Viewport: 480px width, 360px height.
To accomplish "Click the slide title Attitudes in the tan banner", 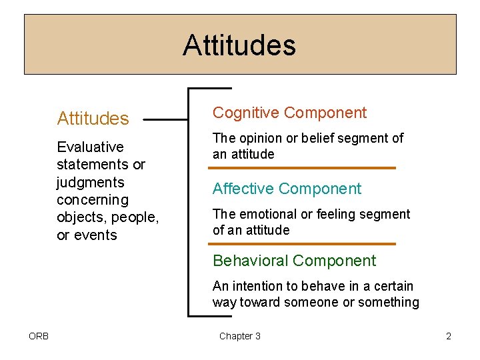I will click(239, 45).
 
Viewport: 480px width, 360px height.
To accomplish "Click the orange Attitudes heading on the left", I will click(93, 119).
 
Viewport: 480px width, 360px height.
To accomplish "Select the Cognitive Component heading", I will click(289, 113).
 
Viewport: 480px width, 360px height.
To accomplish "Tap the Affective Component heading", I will click(287, 189).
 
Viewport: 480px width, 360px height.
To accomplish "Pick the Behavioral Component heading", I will click(294, 261).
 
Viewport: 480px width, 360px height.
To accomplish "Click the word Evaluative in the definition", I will click(90, 147).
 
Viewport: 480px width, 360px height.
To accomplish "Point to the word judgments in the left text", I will click(91, 182).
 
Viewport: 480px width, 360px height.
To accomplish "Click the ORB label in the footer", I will click(38, 336).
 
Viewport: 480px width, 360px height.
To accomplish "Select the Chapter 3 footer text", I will click(240, 336).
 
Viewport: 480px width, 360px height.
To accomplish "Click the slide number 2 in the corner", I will click(449, 336).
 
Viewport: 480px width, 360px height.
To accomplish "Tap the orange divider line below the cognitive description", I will click(303, 168).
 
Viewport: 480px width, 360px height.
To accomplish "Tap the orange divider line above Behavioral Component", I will click(303, 244).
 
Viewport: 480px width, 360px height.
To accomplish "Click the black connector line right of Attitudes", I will click(165, 120).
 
